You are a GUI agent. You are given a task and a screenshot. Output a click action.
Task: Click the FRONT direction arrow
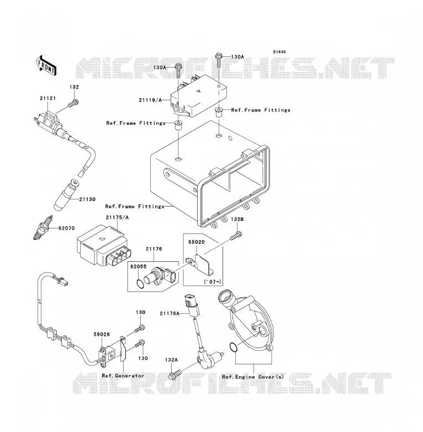[x=46, y=65]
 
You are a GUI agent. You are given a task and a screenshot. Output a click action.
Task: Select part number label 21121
[x=47, y=98]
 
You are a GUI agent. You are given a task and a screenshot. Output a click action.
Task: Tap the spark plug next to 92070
[x=43, y=228]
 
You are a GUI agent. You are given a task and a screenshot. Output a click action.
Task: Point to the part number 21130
[x=87, y=199]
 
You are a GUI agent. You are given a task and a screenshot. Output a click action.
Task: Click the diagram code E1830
[x=279, y=52]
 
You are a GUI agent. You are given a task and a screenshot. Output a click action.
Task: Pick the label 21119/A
[x=150, y=100]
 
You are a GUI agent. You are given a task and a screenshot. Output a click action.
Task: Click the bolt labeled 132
[x=73, y=103]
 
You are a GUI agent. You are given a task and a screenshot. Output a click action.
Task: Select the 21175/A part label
[x=117, y=217]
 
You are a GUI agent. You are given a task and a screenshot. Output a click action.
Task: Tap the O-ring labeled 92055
[x=140, y=284]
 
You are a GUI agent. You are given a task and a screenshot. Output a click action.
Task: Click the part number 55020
[x=197, y=242]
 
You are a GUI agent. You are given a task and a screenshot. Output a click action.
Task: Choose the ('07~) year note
[x=212, y=282]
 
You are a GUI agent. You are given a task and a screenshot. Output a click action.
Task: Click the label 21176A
[x=170, y=313]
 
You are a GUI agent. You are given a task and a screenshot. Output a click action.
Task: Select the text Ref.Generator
[x=123, y=376]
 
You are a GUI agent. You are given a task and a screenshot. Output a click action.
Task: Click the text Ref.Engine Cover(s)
[x=253, y=377]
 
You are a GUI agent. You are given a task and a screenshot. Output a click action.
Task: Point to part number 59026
[x=102, y=334]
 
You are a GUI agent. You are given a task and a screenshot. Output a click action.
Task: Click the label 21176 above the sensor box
[x=154, y=249]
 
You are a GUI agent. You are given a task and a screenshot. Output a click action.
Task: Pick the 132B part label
[x=237, y=219]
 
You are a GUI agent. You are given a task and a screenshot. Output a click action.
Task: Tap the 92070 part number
[x=66, y=228]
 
